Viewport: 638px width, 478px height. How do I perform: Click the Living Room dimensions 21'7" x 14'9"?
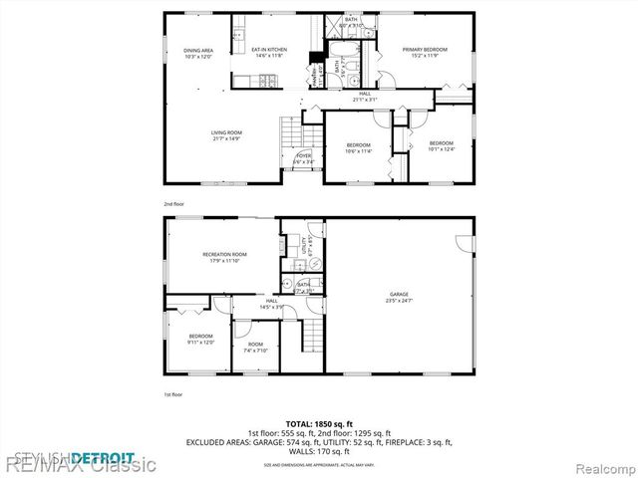227,138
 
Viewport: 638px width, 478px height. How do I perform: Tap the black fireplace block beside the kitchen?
316,59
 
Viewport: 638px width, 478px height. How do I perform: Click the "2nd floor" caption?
173,203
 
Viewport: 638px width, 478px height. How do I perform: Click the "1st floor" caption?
173,395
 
